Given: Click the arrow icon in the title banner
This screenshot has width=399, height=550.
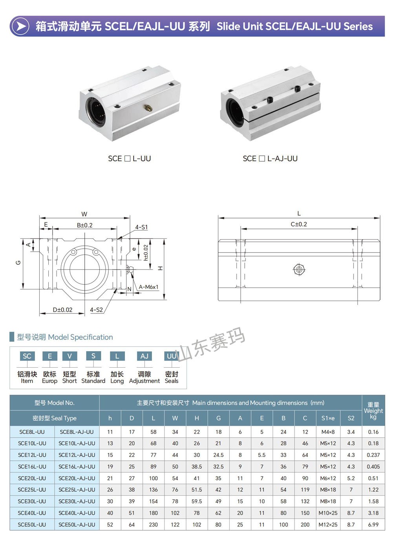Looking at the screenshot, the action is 20,26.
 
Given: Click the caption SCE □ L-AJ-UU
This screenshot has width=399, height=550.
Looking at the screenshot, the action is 270,159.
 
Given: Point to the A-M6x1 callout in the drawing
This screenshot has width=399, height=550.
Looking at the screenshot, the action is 148,287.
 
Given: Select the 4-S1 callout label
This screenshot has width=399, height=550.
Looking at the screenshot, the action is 141,227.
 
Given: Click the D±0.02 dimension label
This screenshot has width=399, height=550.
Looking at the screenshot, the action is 62,310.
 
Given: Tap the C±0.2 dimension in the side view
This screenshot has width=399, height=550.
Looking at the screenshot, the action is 298,224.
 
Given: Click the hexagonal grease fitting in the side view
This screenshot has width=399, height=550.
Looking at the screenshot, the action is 298,269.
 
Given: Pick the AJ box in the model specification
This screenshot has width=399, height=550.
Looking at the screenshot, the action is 144,356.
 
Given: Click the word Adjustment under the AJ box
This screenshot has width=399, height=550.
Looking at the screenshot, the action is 144,381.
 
